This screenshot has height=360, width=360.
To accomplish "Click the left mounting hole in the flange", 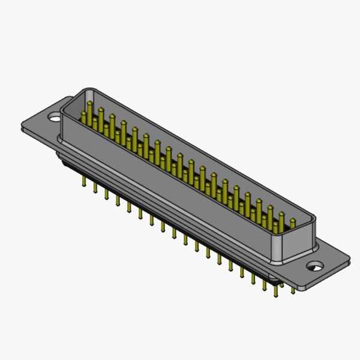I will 55,113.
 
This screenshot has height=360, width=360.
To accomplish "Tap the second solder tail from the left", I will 95,187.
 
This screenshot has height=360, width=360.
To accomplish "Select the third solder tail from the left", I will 106,193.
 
